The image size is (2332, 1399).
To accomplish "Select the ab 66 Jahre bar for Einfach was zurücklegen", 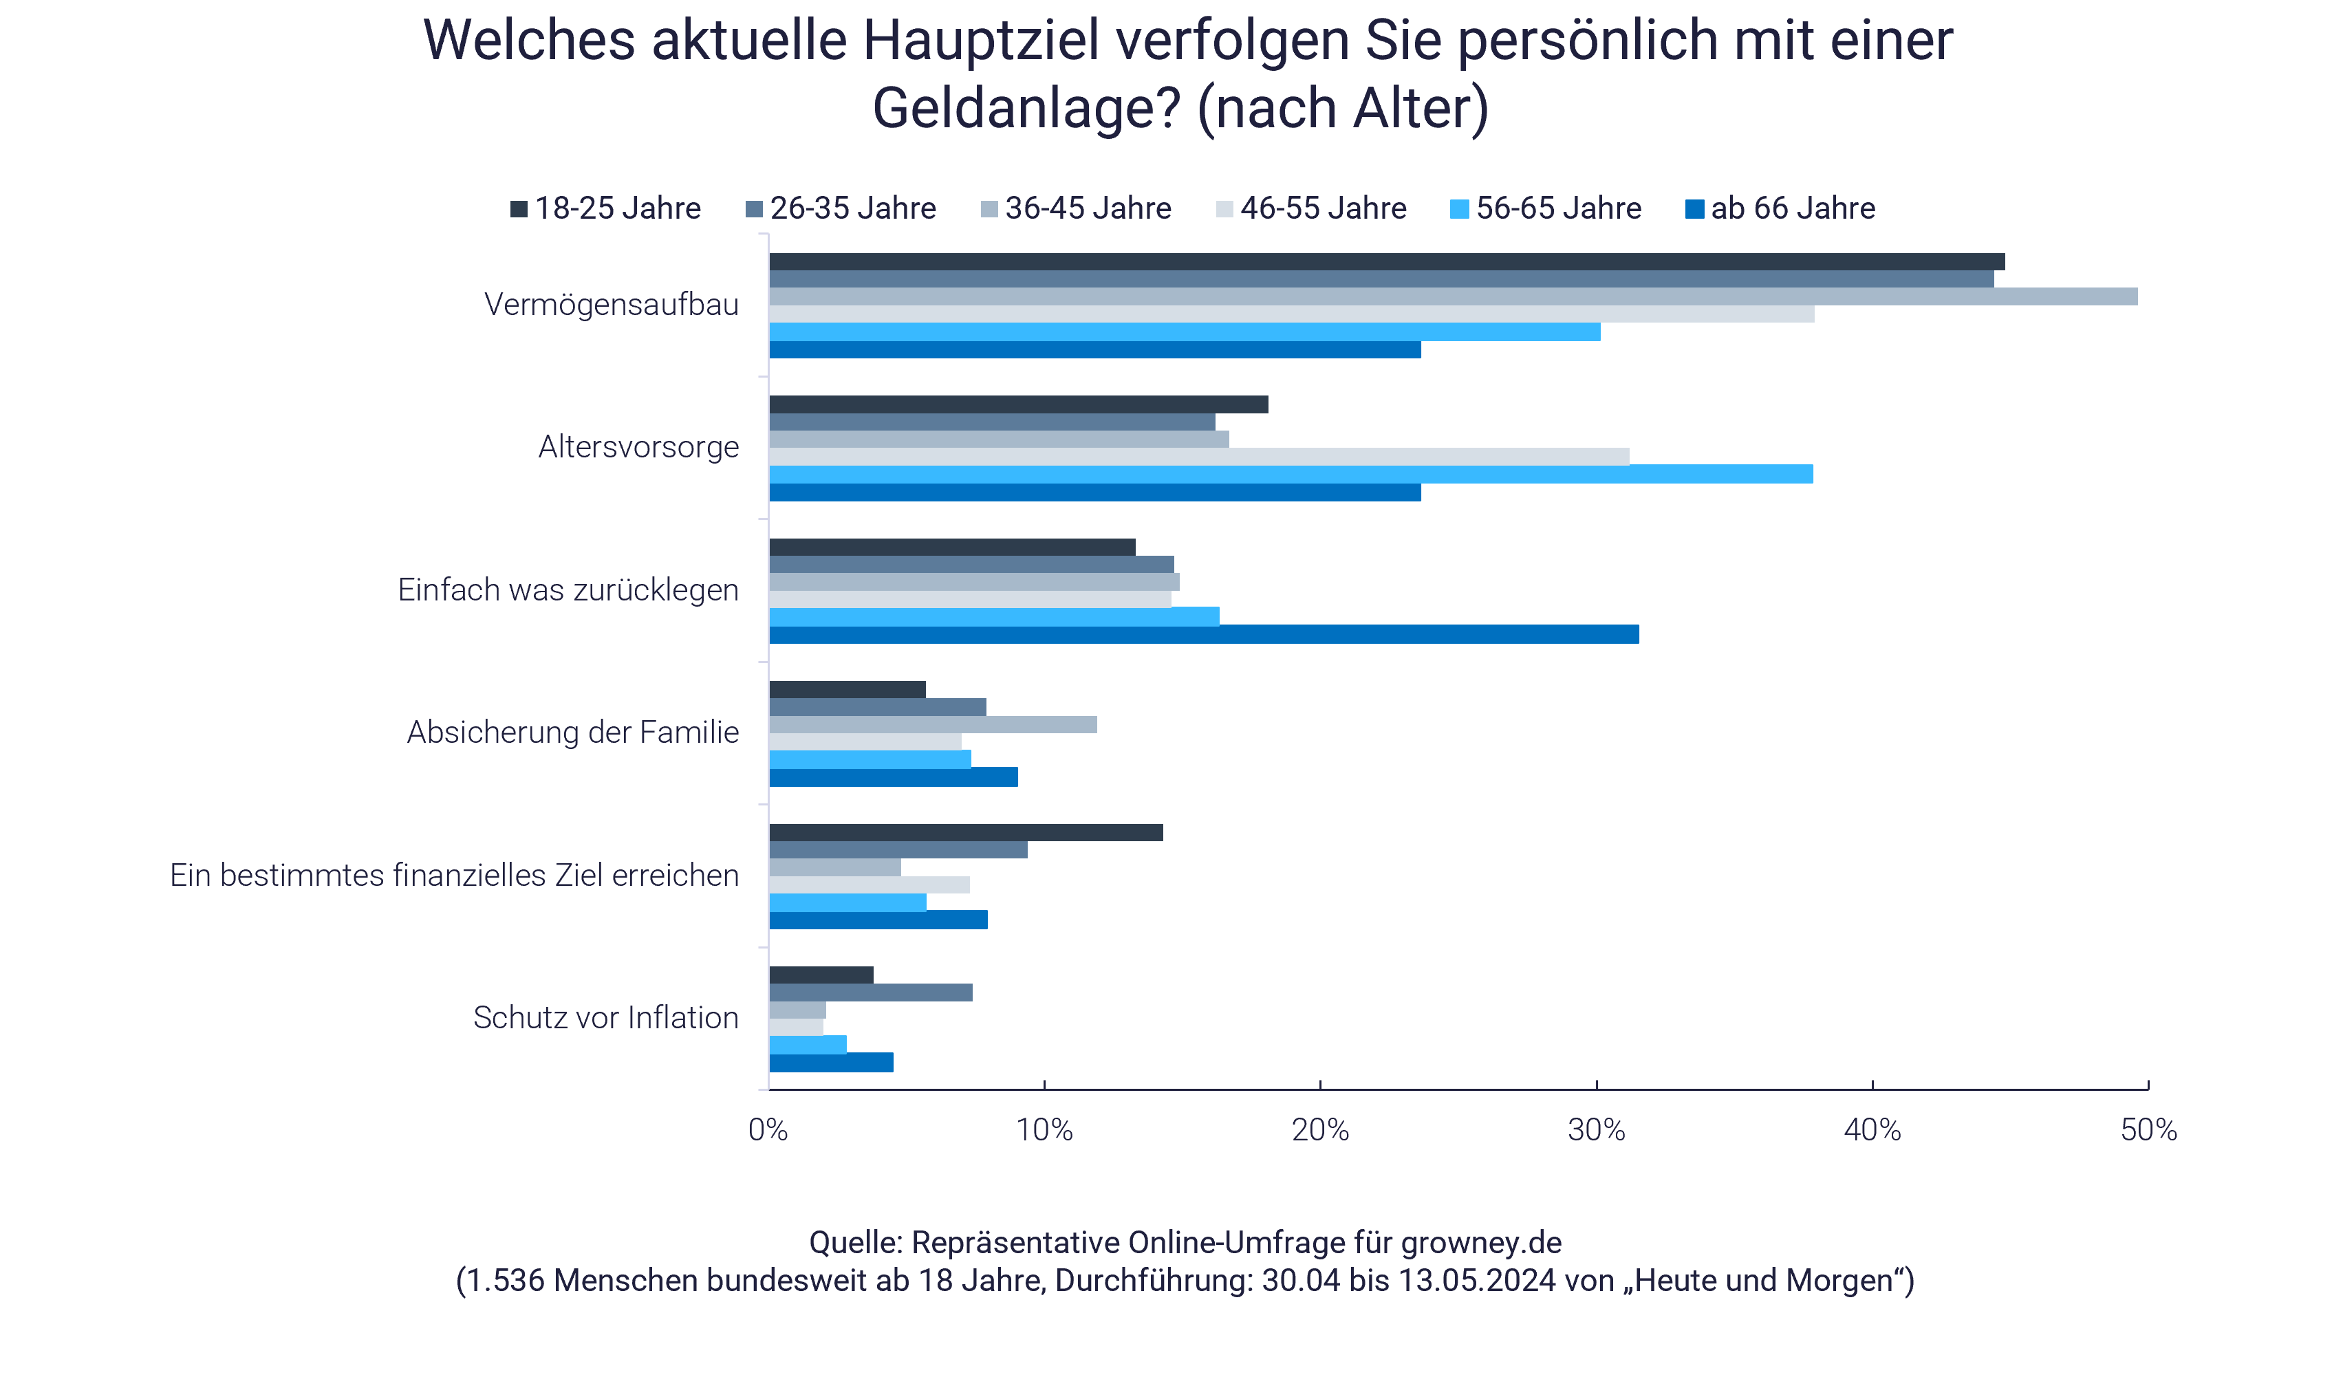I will pyautogui.click(x=1204, y=634).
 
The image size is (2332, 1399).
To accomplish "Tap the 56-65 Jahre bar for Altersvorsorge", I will pyautogui.click(x=1291, y=474).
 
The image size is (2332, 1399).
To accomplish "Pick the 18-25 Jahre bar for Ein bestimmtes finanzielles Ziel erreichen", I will pyautogui.click(x=965, y=832).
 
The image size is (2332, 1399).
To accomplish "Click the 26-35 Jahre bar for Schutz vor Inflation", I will pyautogui.click(x=870, y=993).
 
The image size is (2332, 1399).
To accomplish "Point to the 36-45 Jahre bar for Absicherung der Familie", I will pyautogui.click(x=932, y=725).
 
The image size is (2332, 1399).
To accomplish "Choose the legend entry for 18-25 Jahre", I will pyautogui.click(x=606, y=208).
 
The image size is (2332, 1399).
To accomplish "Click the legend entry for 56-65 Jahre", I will pyautogui.click(x=1546, y=208).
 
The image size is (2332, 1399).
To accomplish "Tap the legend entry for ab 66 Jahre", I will pyautogui.click(x=1780, y=208).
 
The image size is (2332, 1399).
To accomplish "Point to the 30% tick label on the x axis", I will pyautogui.click(x=1596, y=1130).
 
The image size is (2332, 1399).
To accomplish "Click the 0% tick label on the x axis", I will pyautogui.click(x=768, y=1130).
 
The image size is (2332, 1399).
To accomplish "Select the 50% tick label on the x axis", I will pyautogui.click(x=2148, y=1130).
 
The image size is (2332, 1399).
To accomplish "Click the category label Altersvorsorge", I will pyautogui.click(x=638, y=447).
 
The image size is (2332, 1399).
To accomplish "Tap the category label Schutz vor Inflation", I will pyautogui.click(x=605, y=1018).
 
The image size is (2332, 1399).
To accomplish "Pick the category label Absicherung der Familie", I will pyautogui.click(x=572, y=733).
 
